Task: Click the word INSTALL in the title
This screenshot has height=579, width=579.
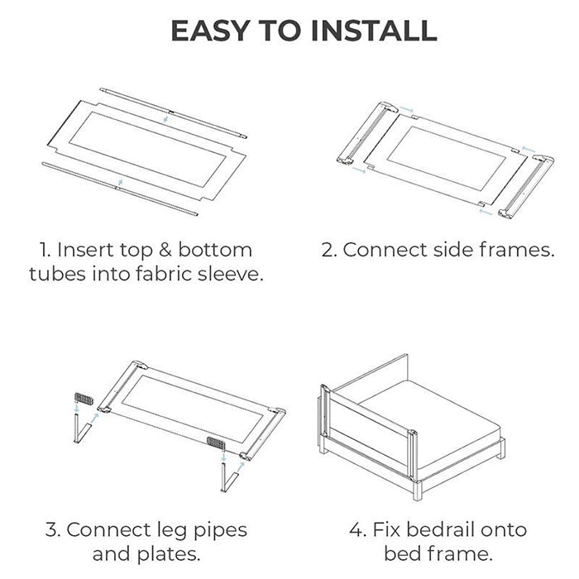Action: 375,31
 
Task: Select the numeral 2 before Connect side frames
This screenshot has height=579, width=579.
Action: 328,250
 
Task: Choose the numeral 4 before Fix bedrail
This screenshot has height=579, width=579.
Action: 356,530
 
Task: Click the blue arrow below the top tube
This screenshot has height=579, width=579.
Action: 165,119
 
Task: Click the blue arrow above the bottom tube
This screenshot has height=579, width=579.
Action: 120,182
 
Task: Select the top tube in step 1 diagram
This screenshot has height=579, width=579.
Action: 174,112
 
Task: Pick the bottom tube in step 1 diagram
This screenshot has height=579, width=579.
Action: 120,189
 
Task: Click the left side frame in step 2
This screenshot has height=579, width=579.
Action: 367,133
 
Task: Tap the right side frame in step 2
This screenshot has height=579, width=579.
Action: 527,187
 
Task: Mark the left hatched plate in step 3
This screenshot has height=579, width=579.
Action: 84,399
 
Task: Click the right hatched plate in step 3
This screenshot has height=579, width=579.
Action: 216,443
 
